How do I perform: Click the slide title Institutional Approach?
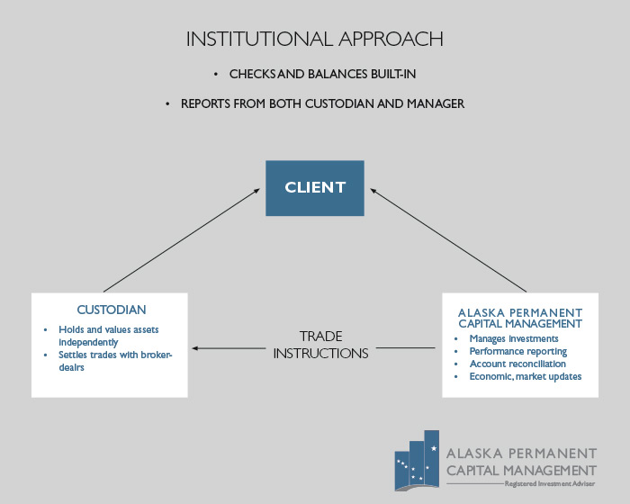[314, 39]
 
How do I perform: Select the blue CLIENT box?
[314, 188]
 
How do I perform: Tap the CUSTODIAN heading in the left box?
[110, 310]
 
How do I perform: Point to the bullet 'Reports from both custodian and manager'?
[322, 104]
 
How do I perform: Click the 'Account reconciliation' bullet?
[517, 364]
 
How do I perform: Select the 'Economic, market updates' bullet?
[525, 376]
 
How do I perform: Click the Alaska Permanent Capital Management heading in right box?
[519, 318]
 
